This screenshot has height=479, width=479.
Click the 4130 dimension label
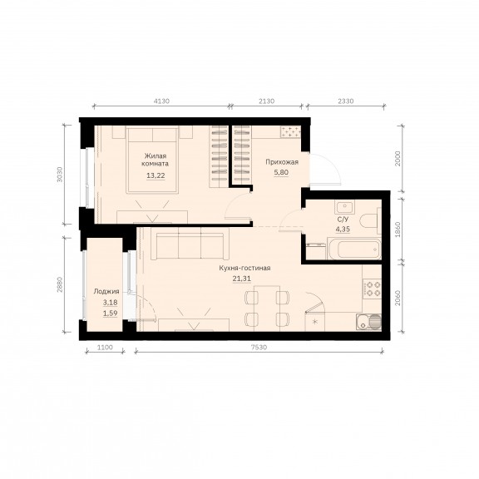pyautogui.click(x=161, y=101)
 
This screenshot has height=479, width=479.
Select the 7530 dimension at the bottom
pyautogui.click(x=259, y=347)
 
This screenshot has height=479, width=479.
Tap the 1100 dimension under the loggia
pyautogui.click(x=105, y=347)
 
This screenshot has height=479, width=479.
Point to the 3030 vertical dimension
pyautogui.click(x=60, y=175)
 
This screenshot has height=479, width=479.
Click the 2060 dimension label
pyautogui.click(x=398, y=298)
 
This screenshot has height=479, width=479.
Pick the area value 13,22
pyautogui.click(x=156, y=175)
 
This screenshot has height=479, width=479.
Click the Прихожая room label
pyautogui.click(x=282, y=162)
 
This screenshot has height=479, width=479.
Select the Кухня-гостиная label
pyautogui.click(x=244, y=268)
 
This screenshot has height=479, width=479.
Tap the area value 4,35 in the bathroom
pyautogui.click(x=343, y=229)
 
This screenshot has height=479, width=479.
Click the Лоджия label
pyautogui.click(x=106, y=291)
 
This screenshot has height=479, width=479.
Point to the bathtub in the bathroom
pyautogui.click(x=354, y=249)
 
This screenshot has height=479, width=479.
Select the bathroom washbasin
pyautogui.click(x=344, y=207)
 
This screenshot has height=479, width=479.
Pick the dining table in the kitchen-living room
pyautogui.click(x=267, y=309)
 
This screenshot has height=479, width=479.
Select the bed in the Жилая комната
pyautogui.click(x=152, y=160)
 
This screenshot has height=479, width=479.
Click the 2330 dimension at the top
pyautogui.click(x=345, y=101)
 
